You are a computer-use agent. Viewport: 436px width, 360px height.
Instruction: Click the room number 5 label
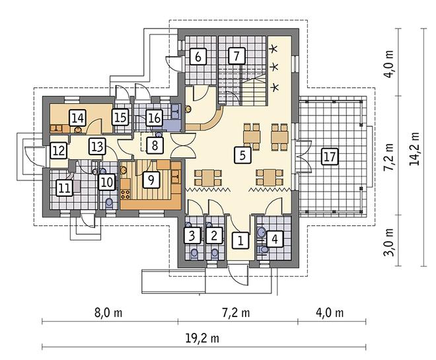[242, 155]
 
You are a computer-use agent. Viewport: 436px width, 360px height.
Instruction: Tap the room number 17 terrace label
[330, 157]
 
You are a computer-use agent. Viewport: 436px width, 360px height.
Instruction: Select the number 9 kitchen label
[151, 179]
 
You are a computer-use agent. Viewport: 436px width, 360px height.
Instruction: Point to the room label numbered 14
[77, 118]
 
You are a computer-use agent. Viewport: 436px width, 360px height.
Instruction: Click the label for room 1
[240, 239]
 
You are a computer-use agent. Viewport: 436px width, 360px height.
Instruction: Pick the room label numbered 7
[236, 56]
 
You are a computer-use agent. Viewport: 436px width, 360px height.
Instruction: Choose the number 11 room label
[64, 188]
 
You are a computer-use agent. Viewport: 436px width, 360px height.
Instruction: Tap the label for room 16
[154, 118]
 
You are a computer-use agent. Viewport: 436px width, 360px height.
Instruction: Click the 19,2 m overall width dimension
[202, 338]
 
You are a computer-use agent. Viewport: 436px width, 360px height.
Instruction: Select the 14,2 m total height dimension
[414, 147]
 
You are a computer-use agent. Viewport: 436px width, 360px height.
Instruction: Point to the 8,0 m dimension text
[108, 313]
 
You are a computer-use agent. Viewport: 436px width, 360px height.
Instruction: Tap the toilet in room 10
[109, 203]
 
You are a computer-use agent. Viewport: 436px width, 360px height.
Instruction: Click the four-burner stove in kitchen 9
[126, 194]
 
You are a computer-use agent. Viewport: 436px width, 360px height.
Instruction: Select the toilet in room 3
[194, 253]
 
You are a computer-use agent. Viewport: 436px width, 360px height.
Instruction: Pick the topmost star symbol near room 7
[273, 49]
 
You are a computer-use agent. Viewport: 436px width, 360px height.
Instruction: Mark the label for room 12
[59, 151]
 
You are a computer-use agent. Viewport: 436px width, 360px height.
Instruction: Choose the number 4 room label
[275, 239]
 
